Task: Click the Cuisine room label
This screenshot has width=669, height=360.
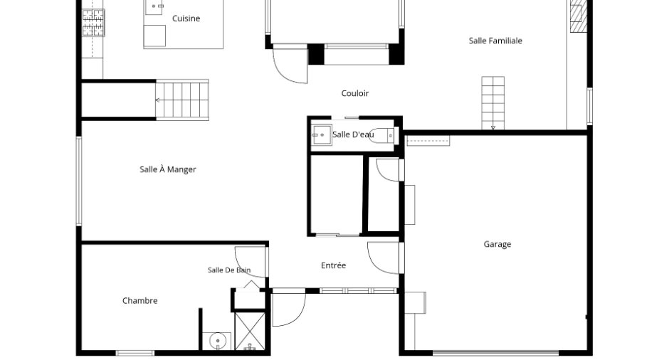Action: pyautogui.click(x=186, y=18)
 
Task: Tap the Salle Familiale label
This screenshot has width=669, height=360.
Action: pyautogui.click(x=495, y=41)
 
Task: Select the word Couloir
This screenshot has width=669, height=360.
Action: pyautogui.click(x=355, y=93)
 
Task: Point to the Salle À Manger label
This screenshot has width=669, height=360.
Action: pyautogui.click(x=168, y=169)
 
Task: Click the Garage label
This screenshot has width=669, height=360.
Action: pyautogui.click(x=497, y=245)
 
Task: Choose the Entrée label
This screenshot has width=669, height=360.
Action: pyautogui.click(x=333, y=265)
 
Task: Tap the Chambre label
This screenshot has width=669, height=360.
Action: pyautogui.click(x=140, y=301)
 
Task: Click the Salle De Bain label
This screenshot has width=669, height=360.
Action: pyautogui.click(x=229, y=270)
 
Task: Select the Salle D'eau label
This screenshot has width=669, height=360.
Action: pyautogui.click(x=353, y=134)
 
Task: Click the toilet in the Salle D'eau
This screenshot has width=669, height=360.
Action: pyautogui.click(x=381, y=135)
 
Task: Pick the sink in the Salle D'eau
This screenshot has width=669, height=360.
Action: pyautogui.click(x=321, y=134)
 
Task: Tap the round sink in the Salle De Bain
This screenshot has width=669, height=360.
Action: pyautogui.click(x=218, y=341)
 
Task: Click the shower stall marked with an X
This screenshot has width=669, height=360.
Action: pyautogui.click(x=250, y=332)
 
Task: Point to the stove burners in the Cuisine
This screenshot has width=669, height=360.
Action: pyautogui.click(x=93, y=23)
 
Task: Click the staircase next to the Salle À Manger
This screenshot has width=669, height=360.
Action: pyautogui.click(x=182, y=100)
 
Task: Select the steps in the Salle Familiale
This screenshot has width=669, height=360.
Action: pyautogui.click(x=492, y=102)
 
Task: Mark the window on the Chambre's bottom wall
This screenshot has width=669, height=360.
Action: pyautogui.click(x=135, y=353)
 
